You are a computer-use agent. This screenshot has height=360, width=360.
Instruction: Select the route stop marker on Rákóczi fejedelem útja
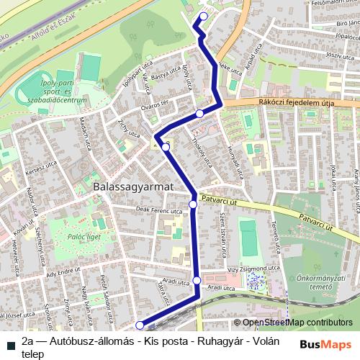[199, 113]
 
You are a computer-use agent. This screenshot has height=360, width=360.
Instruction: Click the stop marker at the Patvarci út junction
[193, 204]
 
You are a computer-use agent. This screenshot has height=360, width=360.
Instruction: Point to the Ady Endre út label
[60, 274]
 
